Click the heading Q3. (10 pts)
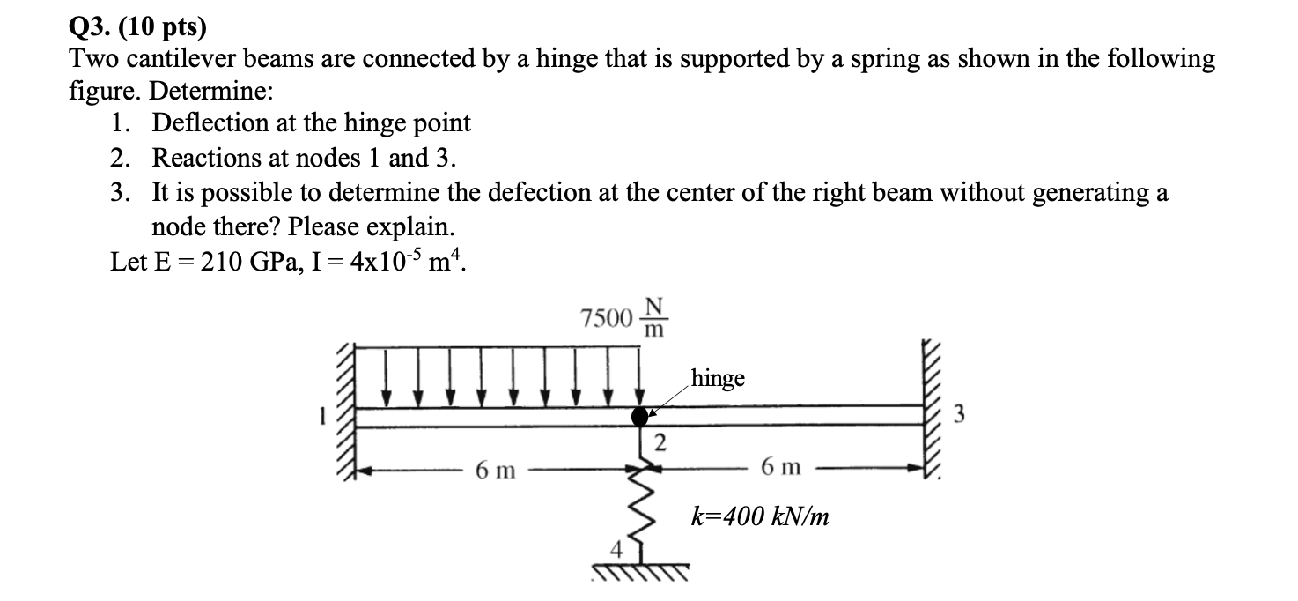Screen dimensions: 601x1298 tap(136, 27)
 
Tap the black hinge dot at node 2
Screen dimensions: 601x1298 tap(640, 416)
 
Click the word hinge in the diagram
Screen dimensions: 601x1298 tap(718, 378)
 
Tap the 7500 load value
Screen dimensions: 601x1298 tap(607, 316)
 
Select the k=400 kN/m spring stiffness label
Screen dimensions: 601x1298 tap(758, 516)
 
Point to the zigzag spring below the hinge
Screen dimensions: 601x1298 tap(643, 498)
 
